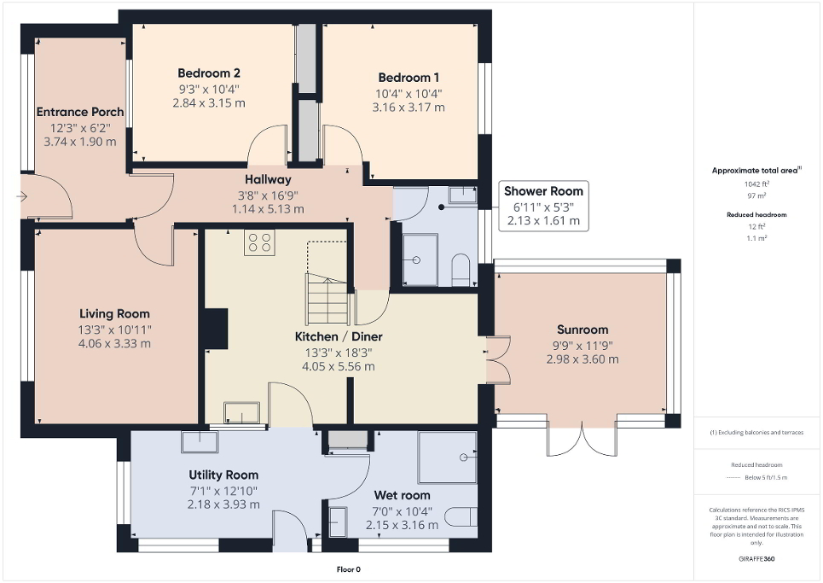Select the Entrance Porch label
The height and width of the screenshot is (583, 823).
tap(79, 112)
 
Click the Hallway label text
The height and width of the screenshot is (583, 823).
tap(268, 179)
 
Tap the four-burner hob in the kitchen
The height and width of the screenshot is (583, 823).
tap(258, 243)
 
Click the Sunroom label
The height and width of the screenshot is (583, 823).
tap(582, 329)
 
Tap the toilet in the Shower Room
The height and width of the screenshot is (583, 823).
tap(461, 268)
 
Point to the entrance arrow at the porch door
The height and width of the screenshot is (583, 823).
tap(21, 197)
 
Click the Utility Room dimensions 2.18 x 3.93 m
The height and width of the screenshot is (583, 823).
tap(223, 504)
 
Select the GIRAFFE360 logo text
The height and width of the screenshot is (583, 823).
tap(757, 558)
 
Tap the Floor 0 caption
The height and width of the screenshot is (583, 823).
tap(349, 569)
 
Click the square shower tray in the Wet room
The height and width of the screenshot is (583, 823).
tap(447, 458)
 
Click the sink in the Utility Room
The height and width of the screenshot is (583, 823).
tap(199, 441)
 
